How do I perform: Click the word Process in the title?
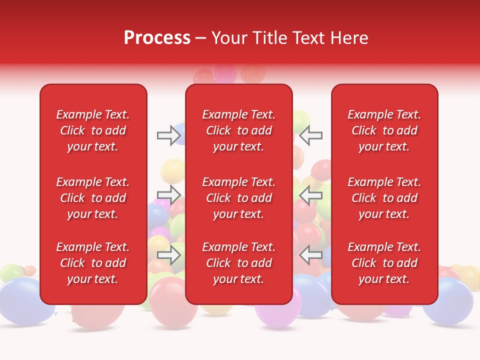click(157, 38)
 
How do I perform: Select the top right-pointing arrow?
click(168, 135)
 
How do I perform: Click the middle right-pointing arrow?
click(168, 195)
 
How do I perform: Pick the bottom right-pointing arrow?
click(168, 255)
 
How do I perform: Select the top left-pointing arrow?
click(311, 135)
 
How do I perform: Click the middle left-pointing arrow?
click(311, 195)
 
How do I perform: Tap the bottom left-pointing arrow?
click(311, 255)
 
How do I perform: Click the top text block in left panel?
click(93, 130)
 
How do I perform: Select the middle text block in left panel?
click(93, 198)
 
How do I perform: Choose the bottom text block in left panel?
click(93, 263)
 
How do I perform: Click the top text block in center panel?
click(238, 130)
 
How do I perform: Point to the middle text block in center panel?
click(238, 198)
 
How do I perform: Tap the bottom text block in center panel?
click(238, 263)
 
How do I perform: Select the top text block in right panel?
click(384, 130)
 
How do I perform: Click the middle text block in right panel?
click(384, 198)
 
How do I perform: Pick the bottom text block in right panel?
click(384, 263)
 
